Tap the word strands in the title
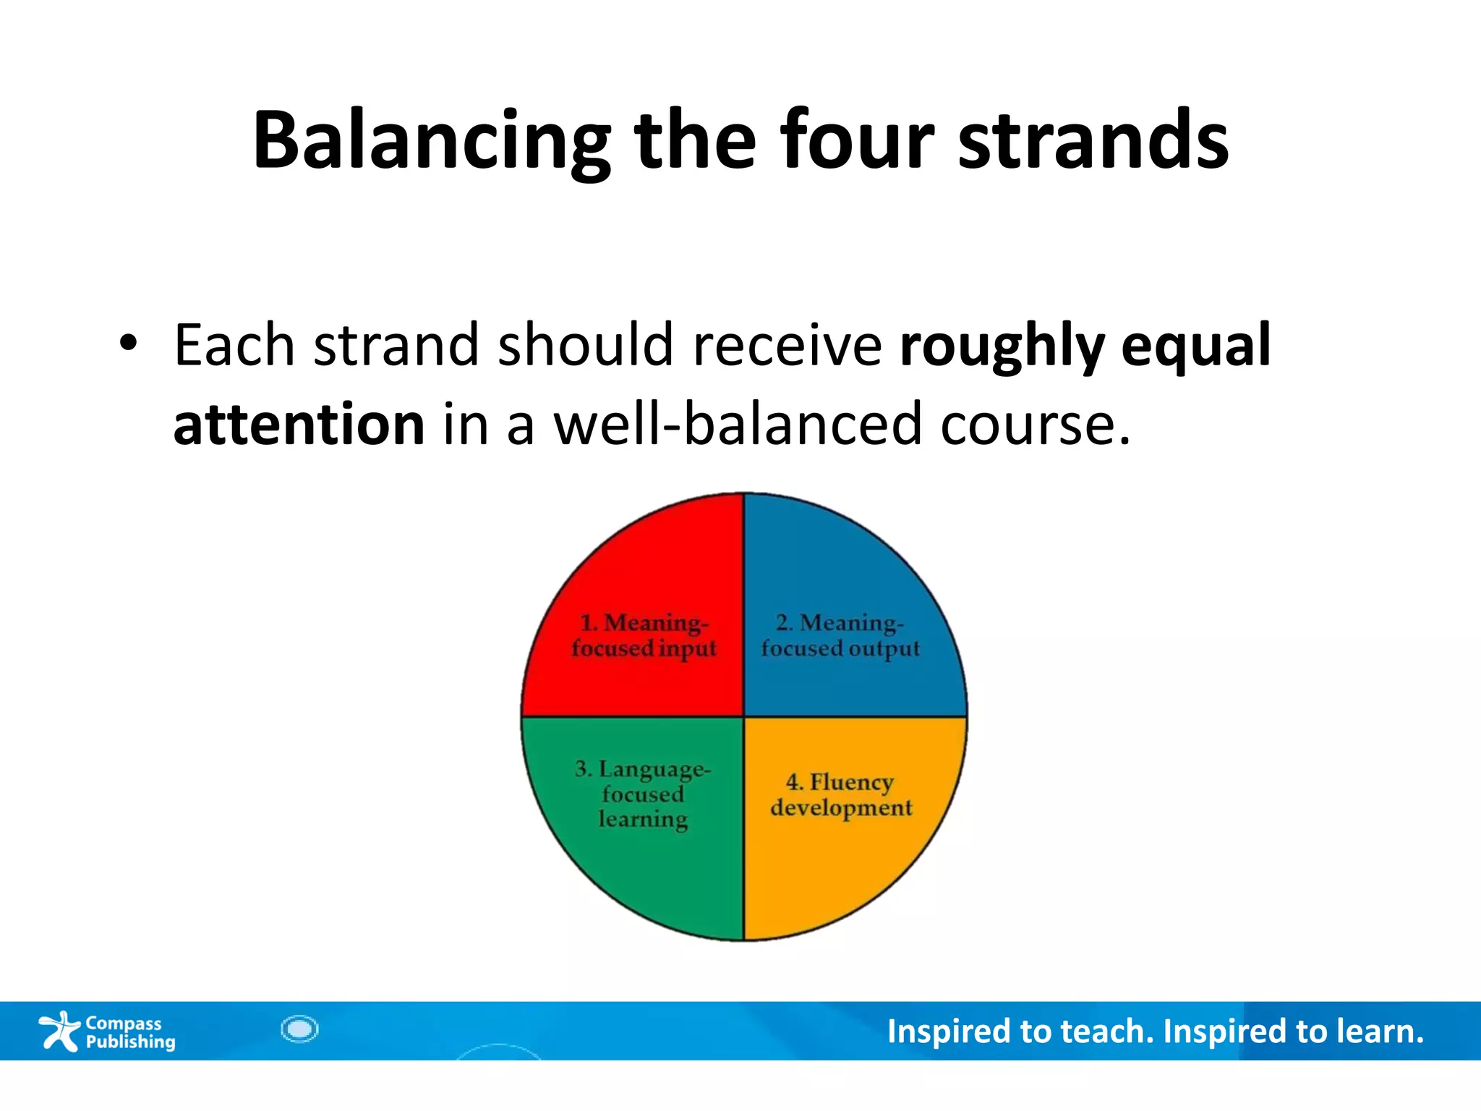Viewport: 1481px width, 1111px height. tap(1093, 141)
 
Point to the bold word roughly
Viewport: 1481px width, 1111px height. tap(1002, 346)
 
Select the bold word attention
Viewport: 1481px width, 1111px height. tap(299, 425)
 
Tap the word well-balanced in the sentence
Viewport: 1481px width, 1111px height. tap(738, 425)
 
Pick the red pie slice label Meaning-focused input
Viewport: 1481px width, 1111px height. tap(644, 635)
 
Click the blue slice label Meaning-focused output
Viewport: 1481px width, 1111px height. tap(840, 635)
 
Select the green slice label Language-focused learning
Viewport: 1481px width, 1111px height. tap(643, 793)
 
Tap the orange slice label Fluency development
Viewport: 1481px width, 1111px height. tap(841, 794)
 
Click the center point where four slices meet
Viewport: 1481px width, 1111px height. tap(744, 717)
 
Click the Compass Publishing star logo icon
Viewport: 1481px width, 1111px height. tap(59, 1031)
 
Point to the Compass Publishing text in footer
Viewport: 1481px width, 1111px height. tap(130, 1032)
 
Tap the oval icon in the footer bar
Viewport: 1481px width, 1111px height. tap(299, 1029)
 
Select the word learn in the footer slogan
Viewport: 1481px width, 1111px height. tap(1378, 1031)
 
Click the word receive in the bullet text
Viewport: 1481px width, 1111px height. tap(787, 346)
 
